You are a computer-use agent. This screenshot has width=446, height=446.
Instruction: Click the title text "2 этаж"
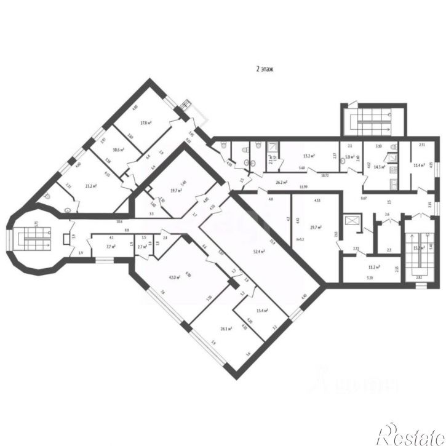(265, 70)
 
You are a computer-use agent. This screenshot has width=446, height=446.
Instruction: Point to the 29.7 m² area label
(316, 228)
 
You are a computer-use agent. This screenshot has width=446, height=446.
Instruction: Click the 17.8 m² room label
(146, 123)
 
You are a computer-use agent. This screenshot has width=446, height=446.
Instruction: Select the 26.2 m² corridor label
(283, 182)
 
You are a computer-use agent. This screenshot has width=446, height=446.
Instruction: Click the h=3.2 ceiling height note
(300, 240)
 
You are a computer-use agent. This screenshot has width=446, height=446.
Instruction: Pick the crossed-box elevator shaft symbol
(352, 220)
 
